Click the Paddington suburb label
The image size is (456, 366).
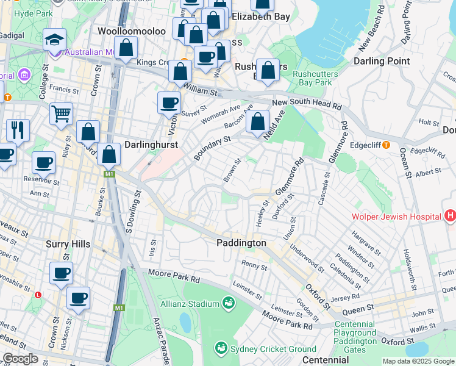pyautogui.click(x=241, y=243)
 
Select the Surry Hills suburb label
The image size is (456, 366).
pyautogui.click(x=68, y=244)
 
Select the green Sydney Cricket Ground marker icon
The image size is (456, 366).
pyautogui.click(x=221, y=348)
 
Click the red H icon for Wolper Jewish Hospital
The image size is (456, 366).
pyautogui.click(x=450, y=215)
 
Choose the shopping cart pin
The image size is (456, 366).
pyautogui.click(x=61, y=114)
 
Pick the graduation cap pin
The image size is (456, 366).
pyautogui.click(x=54, y=40)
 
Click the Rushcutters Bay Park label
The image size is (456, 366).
pyautogui.click(x=312, y=78)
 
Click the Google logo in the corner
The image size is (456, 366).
pyautogui.click(x=21, y=359)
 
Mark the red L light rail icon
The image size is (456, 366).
pyautogui.click(x=38, y=295)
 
